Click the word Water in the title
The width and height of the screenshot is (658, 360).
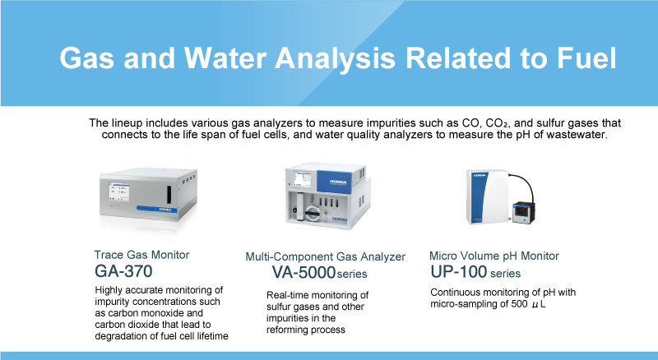225,58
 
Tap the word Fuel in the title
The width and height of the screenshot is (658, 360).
586,58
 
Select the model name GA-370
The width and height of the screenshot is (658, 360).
123,271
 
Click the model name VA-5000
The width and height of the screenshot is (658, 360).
304,273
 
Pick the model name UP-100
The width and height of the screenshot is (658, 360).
459,272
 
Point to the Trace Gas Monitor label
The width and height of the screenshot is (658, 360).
141,255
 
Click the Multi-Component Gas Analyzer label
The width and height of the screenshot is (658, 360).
325,256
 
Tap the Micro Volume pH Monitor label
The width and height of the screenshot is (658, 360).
494,256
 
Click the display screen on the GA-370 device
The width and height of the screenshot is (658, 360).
118,192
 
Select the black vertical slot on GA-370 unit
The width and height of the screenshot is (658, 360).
169,195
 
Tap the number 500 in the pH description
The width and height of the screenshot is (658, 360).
519,304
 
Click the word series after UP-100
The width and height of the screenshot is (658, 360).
505,274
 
